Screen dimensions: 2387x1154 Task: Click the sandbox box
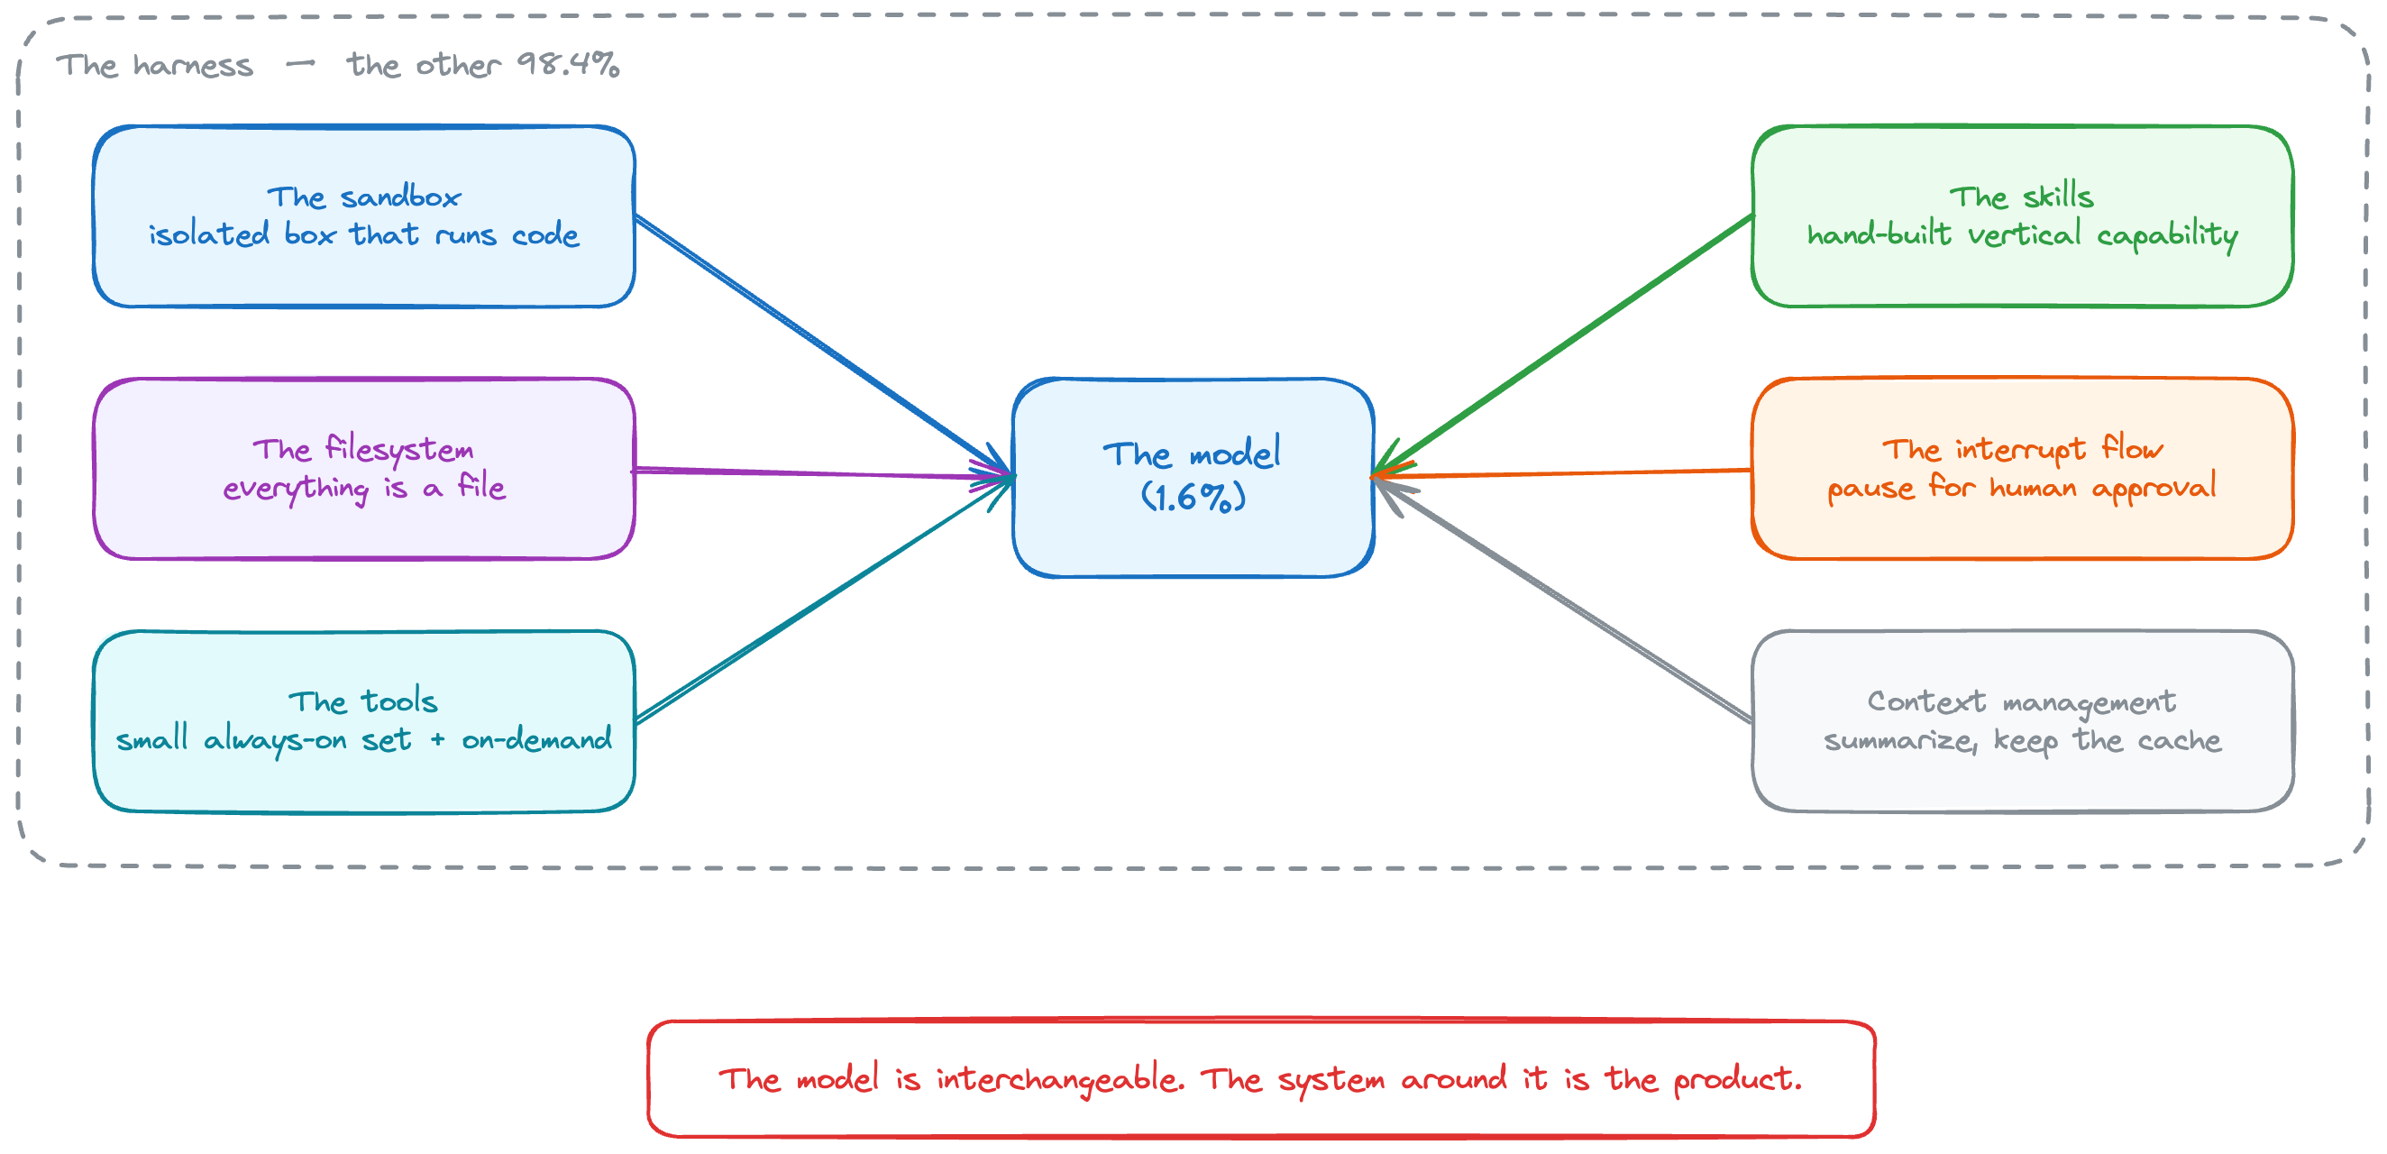364,216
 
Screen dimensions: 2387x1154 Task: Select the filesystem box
364,469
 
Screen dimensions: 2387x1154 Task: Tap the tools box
364,721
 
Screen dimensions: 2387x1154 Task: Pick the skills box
2022,216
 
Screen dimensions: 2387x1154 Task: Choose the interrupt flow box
2022,469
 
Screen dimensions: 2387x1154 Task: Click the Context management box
2022,721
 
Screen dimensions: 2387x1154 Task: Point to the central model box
1193,477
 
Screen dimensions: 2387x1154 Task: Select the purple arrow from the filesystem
824,473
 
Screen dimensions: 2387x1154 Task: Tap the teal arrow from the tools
824,600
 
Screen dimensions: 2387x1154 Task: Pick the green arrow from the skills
1562,345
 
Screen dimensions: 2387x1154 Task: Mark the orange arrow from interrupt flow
1562,473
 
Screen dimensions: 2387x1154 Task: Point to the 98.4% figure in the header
568,64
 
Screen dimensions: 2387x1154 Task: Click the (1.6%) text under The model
1193,498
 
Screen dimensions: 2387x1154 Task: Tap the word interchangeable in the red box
1060,1079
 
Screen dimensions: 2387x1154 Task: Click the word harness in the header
193,65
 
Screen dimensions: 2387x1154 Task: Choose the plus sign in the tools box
437,739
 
